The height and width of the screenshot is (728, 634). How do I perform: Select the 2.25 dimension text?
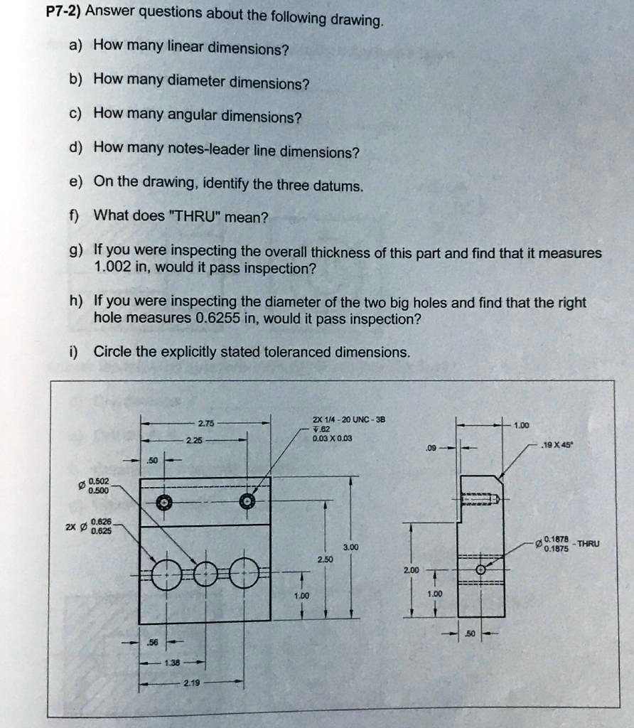194,441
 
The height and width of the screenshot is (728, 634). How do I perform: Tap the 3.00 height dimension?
349,547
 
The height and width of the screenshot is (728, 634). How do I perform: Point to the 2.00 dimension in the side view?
411,570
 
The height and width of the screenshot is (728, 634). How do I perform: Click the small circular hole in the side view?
481,569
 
